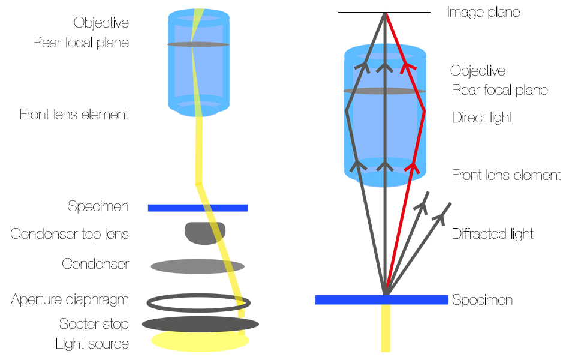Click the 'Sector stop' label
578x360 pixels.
(x=94, y=324)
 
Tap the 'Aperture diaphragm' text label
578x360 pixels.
(x=70, y=299)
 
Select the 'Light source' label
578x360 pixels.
(x=92, y=344)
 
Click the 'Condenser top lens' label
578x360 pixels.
(x=70, y=233)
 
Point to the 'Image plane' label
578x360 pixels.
(x=483, y=12)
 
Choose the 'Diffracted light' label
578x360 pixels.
(x=492, y=233)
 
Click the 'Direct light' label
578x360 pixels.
(x=482, y=117)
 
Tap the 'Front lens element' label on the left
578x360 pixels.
(x=74, y=114)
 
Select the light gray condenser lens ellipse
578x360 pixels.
(x=197, y=266)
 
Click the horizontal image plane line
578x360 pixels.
(x=360, y=12)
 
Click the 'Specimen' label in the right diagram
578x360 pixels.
(x=482, y=299)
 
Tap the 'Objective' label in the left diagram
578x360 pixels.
(x=101, y=23)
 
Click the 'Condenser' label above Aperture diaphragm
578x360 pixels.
(x=95, y=264)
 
